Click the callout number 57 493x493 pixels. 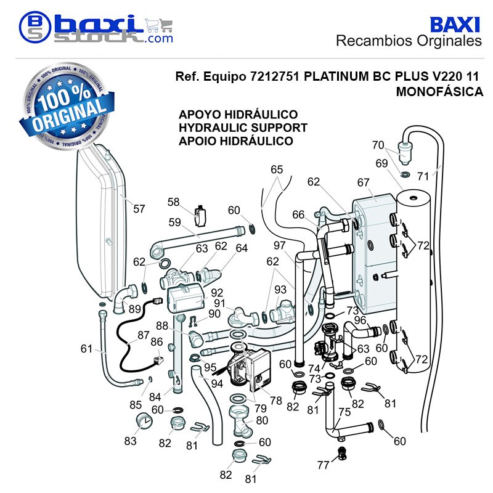tap(139, 208)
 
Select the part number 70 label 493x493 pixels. tap(378, 145)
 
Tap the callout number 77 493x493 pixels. tap(323, 465)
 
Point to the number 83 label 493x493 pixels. tap(130, 441)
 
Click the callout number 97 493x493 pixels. tap(279, 245)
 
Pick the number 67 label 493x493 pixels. tap(363, 182)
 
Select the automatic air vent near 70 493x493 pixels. tap(404, 152)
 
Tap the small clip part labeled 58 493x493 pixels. tap(200, 216)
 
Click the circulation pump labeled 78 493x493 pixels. tap(250, 365)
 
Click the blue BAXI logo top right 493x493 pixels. tap(454, 25)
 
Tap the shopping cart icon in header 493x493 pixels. tap(159, 26)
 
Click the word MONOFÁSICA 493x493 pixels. tap(439, 91)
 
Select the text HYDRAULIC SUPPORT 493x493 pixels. tap(243, 128)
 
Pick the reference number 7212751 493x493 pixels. tap(274, 76)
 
